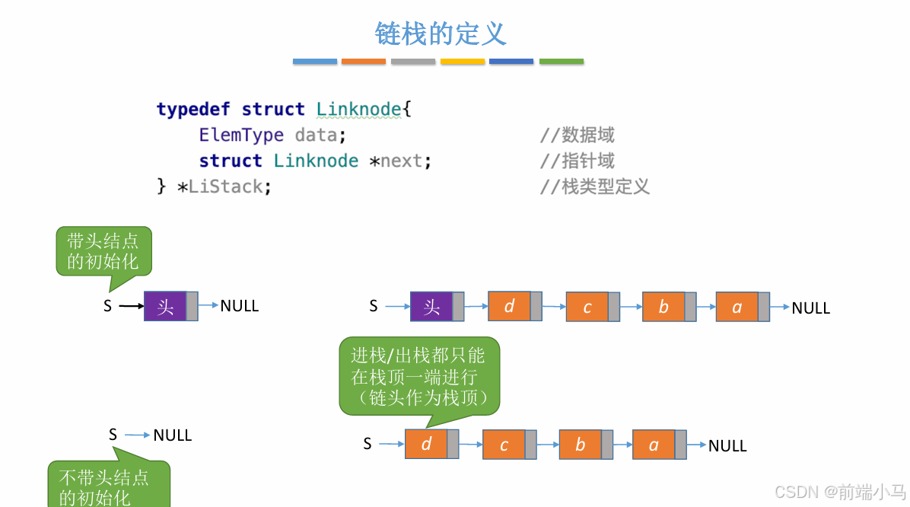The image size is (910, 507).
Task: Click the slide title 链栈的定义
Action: [441, 33]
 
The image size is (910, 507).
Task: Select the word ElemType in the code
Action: [241, 135]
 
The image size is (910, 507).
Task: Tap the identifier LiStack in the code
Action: [225, 187]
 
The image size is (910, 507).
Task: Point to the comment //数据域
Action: [577, 136]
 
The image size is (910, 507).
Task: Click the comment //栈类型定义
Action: [594, 187]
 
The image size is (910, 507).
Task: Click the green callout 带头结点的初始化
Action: [103, 252]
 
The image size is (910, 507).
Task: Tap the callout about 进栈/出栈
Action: [418, 376]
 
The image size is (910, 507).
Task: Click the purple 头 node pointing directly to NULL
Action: [166, 306]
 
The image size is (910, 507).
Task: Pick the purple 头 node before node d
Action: [431, 306]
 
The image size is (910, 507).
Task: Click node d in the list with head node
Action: [510, 305]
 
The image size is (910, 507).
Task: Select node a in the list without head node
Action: [654, 445]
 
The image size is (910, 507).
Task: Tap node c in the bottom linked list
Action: [504, 445]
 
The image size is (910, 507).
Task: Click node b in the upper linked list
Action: [663, 307]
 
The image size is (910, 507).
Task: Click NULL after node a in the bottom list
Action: [727, 446]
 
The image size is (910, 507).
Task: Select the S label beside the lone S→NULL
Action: [113, 435]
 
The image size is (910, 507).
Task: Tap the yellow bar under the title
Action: [463, 61]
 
